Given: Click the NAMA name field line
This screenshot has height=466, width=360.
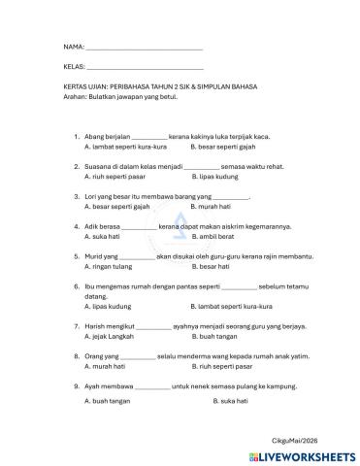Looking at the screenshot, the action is point(145,48).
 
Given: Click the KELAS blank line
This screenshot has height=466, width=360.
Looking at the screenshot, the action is point(145,68).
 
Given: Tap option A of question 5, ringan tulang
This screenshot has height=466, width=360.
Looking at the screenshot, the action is point(106,266).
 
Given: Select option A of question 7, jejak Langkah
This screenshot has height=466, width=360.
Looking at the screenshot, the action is point(107,336).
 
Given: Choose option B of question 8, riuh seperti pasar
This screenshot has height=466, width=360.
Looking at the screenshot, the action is point(222,367).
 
